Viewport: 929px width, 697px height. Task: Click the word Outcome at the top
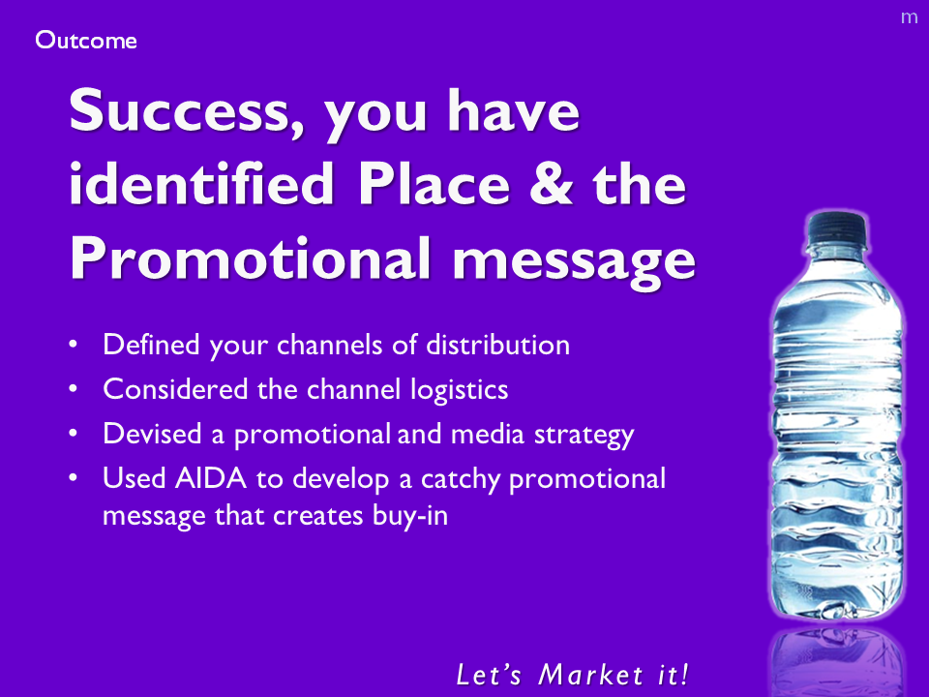86,41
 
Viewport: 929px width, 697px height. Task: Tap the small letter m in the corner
909,17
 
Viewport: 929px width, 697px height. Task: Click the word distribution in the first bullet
498,345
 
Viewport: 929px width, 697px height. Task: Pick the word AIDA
210,478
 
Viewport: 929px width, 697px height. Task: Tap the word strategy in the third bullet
584,435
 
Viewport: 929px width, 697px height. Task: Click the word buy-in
410,516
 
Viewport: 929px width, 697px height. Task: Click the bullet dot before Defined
73,345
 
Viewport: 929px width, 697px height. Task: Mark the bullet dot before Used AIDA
73,477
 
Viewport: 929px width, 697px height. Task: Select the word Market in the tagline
590,675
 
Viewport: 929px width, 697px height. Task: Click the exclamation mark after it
684,675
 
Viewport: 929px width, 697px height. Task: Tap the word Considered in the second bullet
175,389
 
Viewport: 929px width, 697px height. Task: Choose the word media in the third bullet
488,434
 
